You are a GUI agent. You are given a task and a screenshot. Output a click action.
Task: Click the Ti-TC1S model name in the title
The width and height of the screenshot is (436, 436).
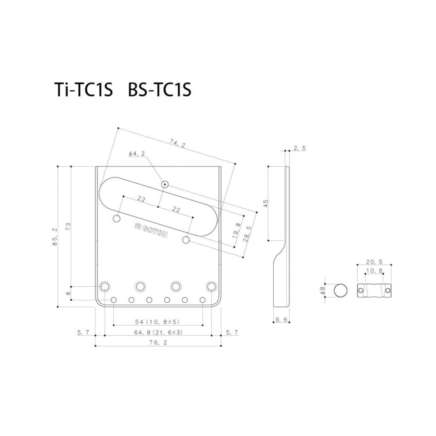pos(83,89)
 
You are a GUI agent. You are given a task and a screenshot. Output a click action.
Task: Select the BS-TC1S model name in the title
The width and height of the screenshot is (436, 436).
pos(160,89)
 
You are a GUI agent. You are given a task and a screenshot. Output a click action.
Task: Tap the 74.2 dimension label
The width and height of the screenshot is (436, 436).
pos(178,143)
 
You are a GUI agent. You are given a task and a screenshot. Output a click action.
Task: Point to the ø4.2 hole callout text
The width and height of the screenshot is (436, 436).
pos(137,154)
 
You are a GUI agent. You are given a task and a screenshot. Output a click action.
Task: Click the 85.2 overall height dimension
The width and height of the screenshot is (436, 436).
pos(54,237)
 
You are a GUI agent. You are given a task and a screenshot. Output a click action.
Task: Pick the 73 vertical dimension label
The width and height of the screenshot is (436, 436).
pos(68,227)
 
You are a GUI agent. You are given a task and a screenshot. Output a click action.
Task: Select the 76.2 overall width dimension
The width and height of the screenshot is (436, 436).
pos(158,342)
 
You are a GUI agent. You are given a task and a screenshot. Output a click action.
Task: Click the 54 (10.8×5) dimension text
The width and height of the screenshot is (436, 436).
pos(158,322)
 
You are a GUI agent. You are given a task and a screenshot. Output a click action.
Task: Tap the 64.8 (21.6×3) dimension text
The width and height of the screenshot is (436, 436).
pos(158,332)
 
